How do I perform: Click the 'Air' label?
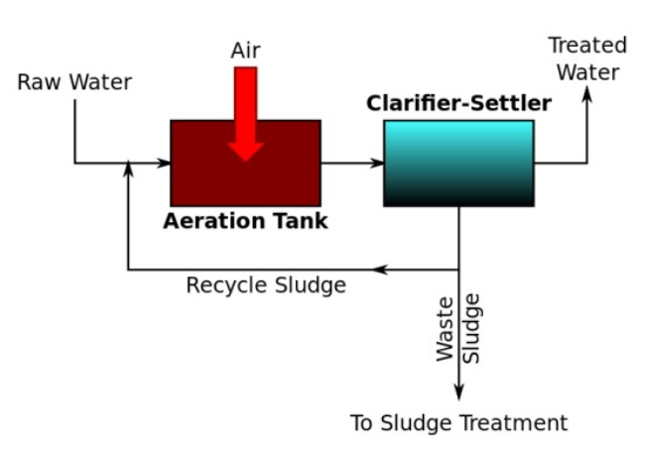pos(245,50)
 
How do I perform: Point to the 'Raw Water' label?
pos(74,82)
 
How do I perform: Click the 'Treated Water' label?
pos(587,58)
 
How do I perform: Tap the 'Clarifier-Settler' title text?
pos(458,103)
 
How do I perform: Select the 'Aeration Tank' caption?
pos(245,221)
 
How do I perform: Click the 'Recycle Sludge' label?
pos(266,285)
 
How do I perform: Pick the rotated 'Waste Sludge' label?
pos(458,328)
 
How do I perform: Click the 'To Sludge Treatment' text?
pos(458,423)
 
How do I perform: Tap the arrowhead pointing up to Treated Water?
pos(586,94)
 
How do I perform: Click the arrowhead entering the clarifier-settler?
pos(378,163)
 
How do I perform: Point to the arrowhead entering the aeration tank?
pos(165,163)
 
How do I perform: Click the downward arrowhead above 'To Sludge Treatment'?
pos(458,393)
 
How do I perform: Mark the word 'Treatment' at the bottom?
pos(518,423)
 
